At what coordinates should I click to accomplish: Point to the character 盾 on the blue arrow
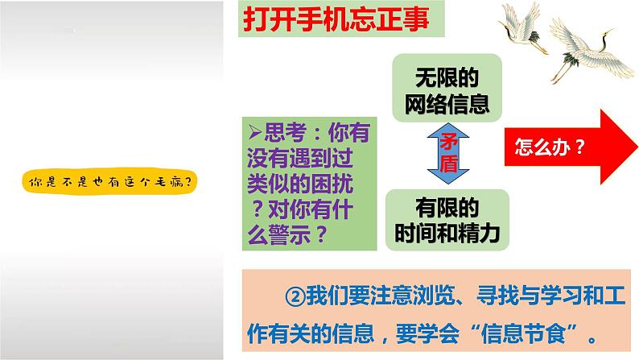[447, 163]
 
